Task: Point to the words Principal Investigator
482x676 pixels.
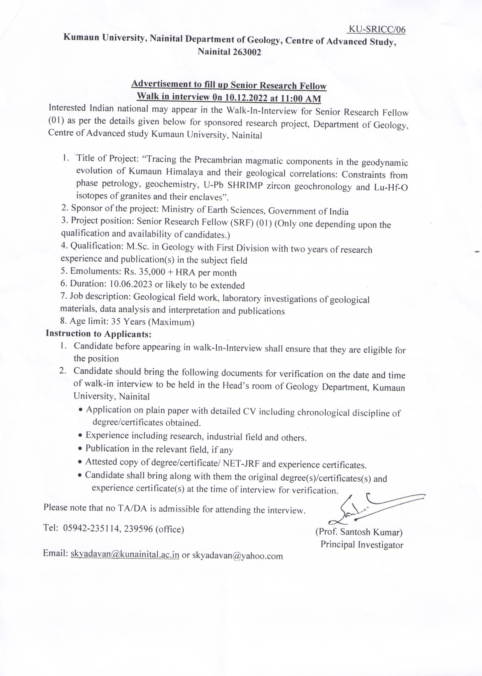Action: coord(362,545)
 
